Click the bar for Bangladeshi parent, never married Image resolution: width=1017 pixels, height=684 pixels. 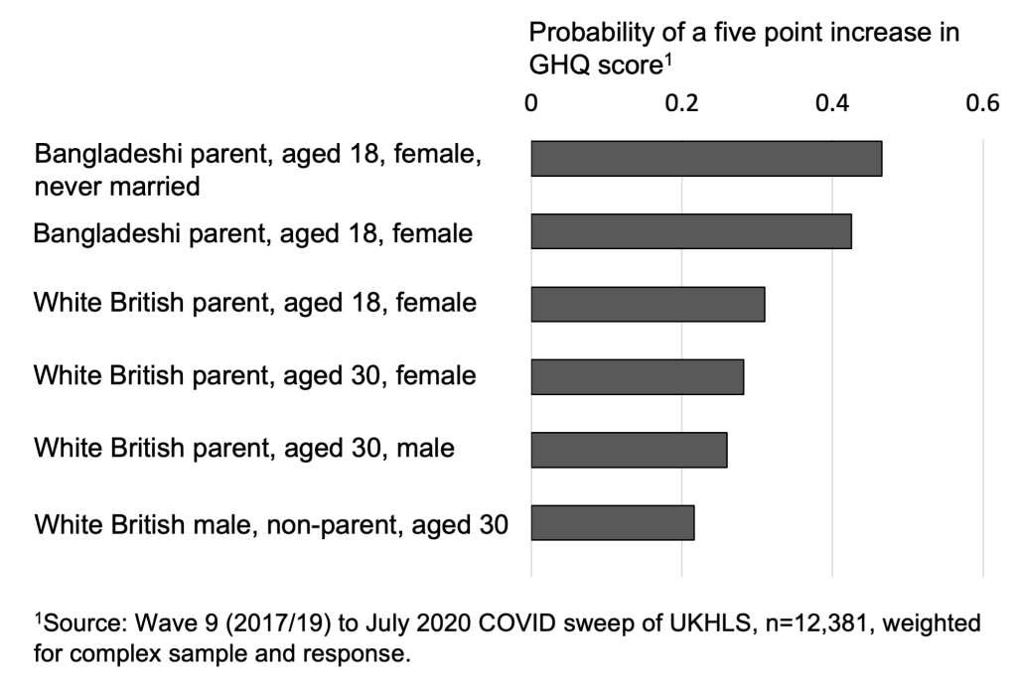[x=706, y=159]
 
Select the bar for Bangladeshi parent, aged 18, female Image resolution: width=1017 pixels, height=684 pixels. [x=691, y=231]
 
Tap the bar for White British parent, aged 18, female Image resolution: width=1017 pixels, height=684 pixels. [x=648, y=304]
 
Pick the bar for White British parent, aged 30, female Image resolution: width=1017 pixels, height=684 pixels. [x=637, y=377]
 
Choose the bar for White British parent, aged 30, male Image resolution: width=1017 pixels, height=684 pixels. [x=629, y=450]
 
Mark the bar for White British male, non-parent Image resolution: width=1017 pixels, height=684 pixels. [x=613, y=522]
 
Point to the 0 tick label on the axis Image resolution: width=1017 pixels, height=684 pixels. [x=531, y=103]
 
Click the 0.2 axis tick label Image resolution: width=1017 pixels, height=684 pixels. [x=681, y=103]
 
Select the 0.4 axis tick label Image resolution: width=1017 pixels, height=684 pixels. [x=832, y=103]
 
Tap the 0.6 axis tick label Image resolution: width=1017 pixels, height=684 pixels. [x=982, y=103]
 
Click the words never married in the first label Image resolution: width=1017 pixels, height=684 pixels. [x=117, y=186]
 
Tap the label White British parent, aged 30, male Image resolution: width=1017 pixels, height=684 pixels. [x=244, y=449]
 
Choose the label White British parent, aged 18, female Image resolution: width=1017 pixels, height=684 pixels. [x=255, y=303]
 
